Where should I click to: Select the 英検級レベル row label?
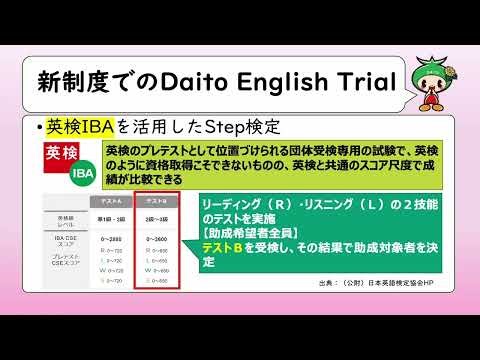(x=66, y=219)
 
